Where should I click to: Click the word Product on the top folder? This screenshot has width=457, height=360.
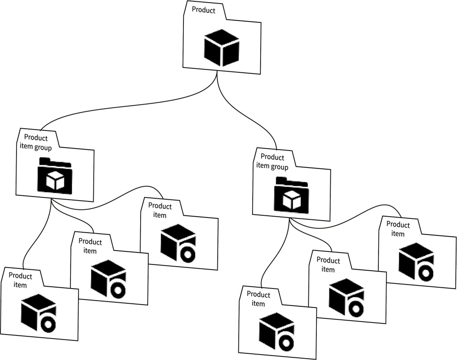click(204, 10)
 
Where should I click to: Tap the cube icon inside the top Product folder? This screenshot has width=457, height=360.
click(221, 48)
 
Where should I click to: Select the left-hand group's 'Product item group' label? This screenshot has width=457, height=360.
click(36, 142)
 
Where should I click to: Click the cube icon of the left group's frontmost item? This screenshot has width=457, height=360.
click(39, 313)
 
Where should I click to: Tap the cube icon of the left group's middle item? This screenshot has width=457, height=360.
click(108, 279)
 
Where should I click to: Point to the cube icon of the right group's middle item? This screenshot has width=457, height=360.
click(346, 297)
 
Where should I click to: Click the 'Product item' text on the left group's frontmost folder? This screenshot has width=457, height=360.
click(21, 280)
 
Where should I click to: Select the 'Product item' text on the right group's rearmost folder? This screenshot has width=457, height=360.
click(398, 229)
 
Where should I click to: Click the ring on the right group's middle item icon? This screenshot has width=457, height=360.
click(356, 308)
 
